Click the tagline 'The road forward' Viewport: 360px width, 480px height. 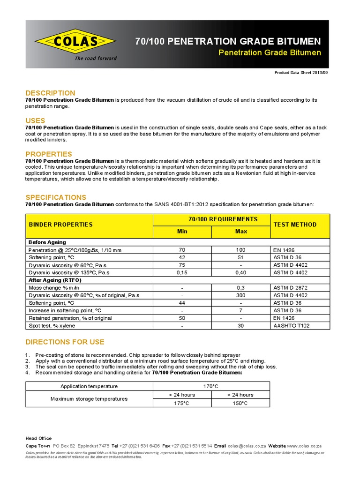point(96,59)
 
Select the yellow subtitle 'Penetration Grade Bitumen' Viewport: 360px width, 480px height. point(270,52)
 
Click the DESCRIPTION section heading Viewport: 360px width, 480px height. point(50,93)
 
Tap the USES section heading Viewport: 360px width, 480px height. point(35,120)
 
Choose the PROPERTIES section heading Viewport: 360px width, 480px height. point(49,154)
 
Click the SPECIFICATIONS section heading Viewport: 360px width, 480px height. point(56,197)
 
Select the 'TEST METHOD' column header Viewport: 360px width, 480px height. point(295,225)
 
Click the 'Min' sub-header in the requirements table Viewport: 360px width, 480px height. point(182,232)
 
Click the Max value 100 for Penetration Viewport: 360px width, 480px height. point(240,250)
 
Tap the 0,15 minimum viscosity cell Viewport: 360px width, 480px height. point(182,272)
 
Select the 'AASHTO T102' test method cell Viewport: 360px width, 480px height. point(291,325)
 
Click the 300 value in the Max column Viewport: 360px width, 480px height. point(240,295)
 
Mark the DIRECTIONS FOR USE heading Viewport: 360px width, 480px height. point(65,342)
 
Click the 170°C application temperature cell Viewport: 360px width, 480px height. point(211,386)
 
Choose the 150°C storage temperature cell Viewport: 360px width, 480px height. point(240,403)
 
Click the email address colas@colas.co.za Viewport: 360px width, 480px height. point(247,446)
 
